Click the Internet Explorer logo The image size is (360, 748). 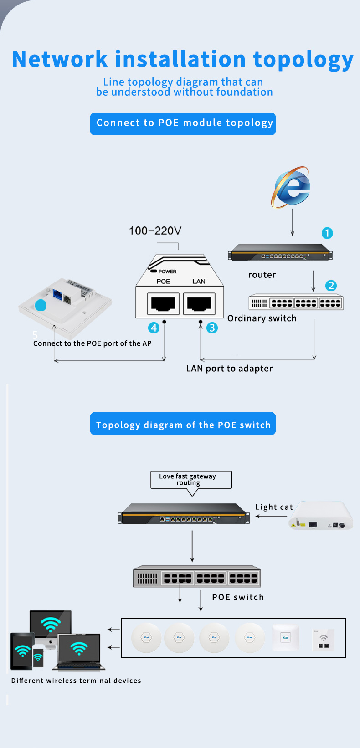(x=292, y=187)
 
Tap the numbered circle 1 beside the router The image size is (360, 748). (x=327, y=233)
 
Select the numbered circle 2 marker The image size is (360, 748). (x=331, y=286)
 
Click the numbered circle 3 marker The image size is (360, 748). (x=212, y=328)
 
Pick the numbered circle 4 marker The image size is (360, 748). (x=154, y=328)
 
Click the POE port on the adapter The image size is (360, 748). (x=163, y=303)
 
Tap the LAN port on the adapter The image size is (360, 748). (x=199, y=303)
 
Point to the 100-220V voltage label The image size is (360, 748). (x=155, y=231)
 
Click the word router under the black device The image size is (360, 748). (x=262, y=275)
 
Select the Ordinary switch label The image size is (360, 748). (x=262, y=318)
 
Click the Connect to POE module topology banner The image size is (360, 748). (x=183, y=123)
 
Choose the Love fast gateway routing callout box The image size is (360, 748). (x=191, y=480)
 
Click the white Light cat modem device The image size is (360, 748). (x=322, y=516)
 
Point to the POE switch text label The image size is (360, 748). (x=238, y=597)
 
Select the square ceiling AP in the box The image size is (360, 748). (x=286, y=637)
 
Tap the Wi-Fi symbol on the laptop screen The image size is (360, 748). (x=79, y=648)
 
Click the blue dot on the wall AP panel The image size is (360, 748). (x=41, y=305)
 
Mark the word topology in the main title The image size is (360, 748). (x=303, y=59)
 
